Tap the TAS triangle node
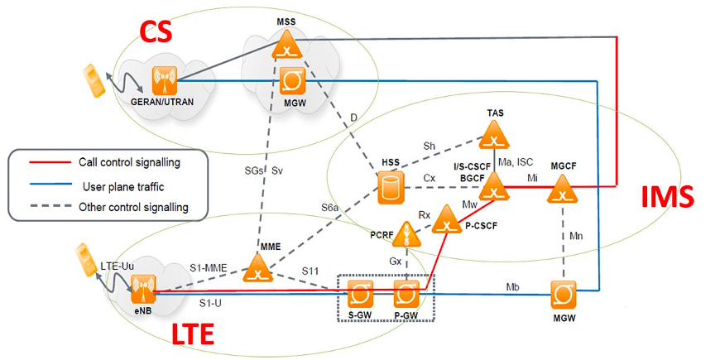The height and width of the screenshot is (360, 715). tap(495, 133)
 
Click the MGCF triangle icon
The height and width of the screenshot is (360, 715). tap(563, 190)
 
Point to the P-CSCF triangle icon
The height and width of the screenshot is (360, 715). tap(447, 218)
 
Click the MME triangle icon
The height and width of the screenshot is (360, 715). tap(260, 269)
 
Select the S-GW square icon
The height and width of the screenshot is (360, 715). tap(361, 292)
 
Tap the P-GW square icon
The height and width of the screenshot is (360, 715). tap(406, 292)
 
